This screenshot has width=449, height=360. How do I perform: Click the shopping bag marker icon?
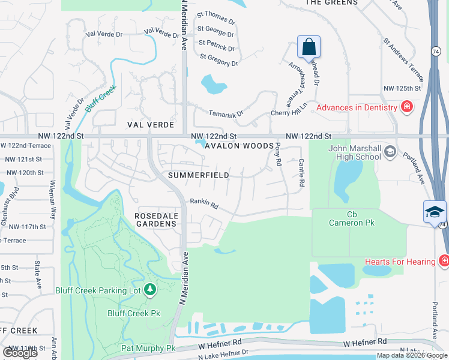(x=309, y=47)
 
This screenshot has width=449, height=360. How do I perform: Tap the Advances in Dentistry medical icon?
(x=408, y=107)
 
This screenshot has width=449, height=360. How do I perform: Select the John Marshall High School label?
(x=355, y=152)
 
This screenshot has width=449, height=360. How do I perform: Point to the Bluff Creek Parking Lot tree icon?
(x=150, y=290)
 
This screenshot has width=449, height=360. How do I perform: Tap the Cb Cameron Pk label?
(x=352, y=218)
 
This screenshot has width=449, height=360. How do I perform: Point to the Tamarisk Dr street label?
(x=226, y=113)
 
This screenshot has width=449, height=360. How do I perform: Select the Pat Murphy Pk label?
(x=148, y=348)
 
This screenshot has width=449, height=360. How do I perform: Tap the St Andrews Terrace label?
(x=404, y=61)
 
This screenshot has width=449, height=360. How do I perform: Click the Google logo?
(x=20, y=353)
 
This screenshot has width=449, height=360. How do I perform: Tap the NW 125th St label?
(x=402, y=88)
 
